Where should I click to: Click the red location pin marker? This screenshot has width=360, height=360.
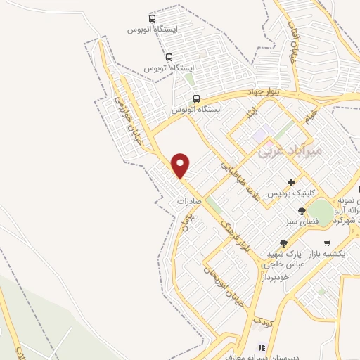(181, 165)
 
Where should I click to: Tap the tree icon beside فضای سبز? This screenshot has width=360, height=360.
(302, 210)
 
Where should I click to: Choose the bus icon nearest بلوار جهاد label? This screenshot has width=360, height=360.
(197, 98)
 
